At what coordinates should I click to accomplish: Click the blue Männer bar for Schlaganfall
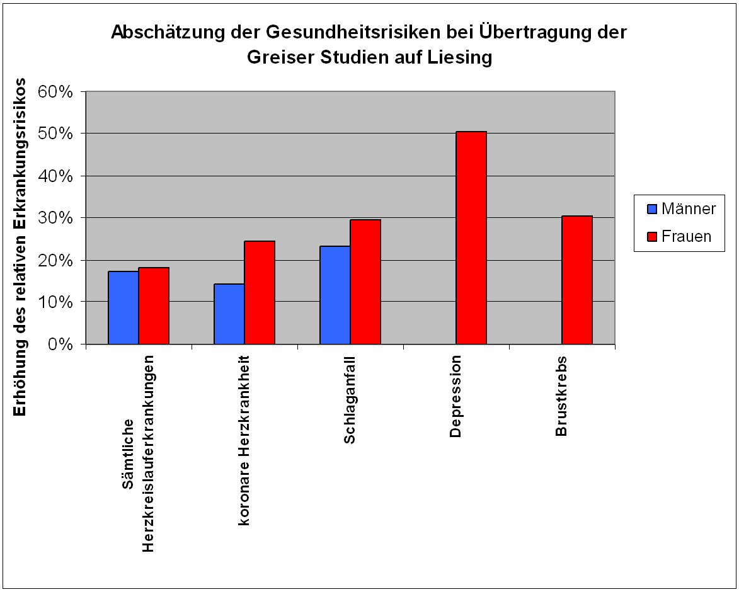tap(335, 295)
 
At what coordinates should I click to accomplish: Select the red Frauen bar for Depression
tap(471, 237)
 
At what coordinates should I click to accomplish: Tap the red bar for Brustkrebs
tap(577, 280)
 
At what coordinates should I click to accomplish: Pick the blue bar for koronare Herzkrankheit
tap(229, 314)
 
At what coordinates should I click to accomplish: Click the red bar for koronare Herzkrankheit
tap(260, 292)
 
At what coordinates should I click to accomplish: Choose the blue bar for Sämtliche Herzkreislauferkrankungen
tap(123, 307)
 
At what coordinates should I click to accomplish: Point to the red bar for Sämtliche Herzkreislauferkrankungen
tap(154, 305)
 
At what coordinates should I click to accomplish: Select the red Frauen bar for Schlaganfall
tap(365, 282)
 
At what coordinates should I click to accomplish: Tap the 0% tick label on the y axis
tap(62, 344)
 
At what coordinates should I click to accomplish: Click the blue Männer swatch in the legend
tap(651, 208)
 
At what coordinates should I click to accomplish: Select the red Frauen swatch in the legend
tap(651, 236)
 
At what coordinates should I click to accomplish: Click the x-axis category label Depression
tap(456, 396)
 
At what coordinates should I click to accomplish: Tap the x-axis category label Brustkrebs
tap(562, 396)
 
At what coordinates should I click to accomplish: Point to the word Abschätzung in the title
tap(154, 33)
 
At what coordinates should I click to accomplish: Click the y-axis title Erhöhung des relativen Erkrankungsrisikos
tap(20, 247)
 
